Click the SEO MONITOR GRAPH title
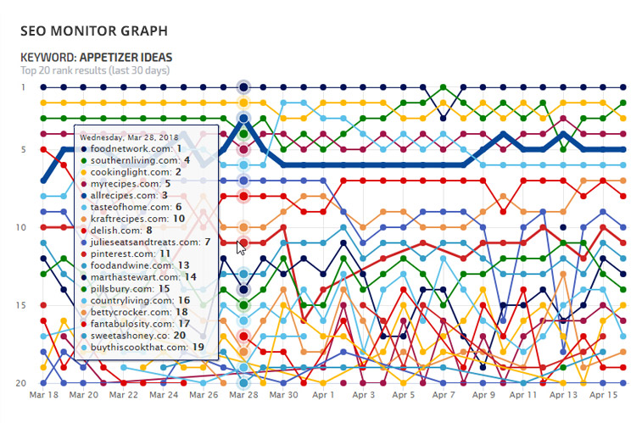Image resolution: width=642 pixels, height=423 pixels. coord(93,31)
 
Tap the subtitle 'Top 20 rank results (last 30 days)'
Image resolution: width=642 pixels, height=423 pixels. coord(95,70)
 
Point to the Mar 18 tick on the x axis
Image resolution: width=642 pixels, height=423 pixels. coord(44,395)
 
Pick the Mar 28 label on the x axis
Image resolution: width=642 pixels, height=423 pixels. coord(243,395)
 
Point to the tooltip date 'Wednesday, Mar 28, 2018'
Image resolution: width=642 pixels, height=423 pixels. coord(131,136)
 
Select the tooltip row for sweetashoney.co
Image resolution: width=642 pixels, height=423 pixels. coord(138,335)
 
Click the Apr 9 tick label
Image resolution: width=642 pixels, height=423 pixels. coord(483,395)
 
